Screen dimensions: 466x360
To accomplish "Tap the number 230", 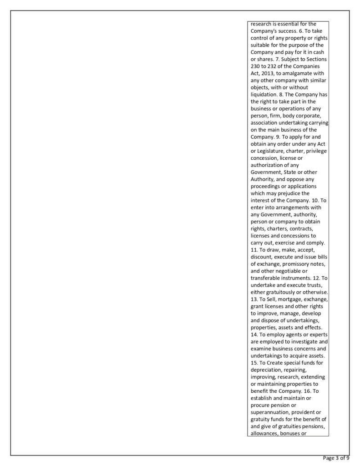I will tap(256, 66).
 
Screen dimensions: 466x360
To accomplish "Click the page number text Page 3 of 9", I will tap(336, 458).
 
